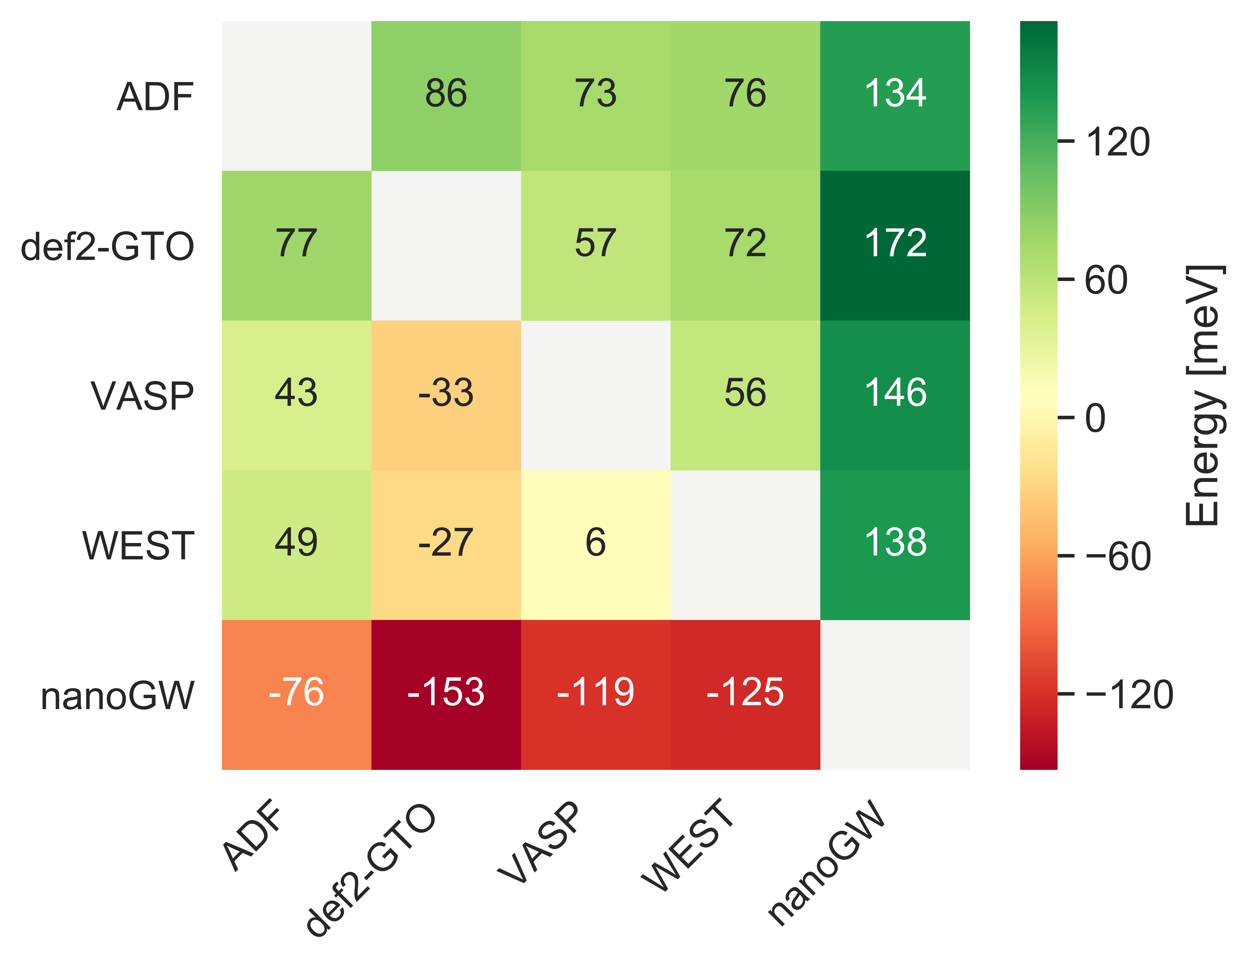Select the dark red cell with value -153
(x=446, y=694)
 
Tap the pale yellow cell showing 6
(x=596, y=544)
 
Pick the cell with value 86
(x=446, y=95)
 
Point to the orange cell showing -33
(x=446, y=395)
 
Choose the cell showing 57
(x=596, y=245)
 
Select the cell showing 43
(x=296, y=395)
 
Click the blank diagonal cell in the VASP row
(x=596, y=395)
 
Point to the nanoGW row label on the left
(x=118, y=696)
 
